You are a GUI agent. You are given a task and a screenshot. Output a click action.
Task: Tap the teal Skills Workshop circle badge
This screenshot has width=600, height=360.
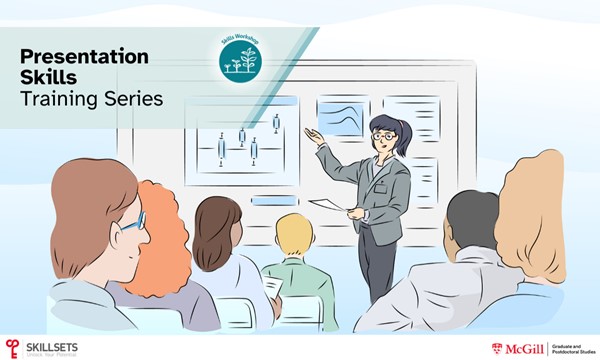click(239, 58)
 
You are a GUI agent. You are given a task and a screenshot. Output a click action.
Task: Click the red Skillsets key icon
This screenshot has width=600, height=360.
click(12, 347)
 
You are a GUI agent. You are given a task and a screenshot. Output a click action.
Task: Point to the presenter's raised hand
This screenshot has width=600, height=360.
click(315, 136)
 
